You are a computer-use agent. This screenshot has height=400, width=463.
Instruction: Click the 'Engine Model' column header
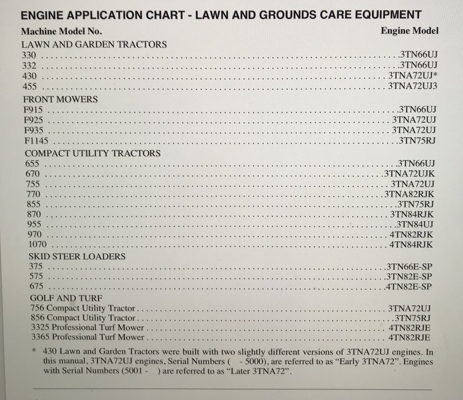(x=410, y=30)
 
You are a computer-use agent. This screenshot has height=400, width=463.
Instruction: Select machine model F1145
(x=34, y=141)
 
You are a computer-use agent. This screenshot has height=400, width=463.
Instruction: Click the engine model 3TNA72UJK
(x=408, y=174)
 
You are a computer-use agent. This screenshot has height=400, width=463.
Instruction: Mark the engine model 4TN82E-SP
(x=409, y=287)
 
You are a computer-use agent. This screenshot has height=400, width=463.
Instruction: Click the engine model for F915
(x=417, y=109)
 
